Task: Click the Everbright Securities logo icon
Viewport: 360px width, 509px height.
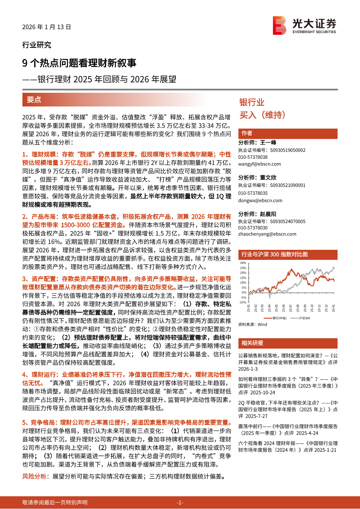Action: click(x=280, y=25)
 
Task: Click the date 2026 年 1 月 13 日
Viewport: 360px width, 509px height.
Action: click(x=47, y=27)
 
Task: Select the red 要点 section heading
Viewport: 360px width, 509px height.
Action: click(x=34, y=100)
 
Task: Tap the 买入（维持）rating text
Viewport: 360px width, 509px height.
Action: click(x=262, y=115)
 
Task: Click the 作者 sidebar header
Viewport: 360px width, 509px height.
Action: click(x=247, y=133)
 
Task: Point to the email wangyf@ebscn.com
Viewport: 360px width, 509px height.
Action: click(x=260, y=164)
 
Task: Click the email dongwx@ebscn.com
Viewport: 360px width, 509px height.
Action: click(x=260, y=201)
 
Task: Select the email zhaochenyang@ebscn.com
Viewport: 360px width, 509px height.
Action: click(x=267, y=234)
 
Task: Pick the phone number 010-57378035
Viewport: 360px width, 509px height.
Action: click(x=253, y=193)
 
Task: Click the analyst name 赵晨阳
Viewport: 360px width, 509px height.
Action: click(x=268, y=214)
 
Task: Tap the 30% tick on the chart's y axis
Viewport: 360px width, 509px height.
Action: click(x=243, y=263)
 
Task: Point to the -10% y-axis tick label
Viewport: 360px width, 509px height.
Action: click(x=243, y=302)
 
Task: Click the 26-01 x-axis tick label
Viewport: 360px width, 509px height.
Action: click(x=334, y=308)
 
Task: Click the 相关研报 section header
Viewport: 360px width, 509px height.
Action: click(x=253, y=343)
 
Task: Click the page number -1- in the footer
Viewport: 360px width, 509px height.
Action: click(x=180, y=502)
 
